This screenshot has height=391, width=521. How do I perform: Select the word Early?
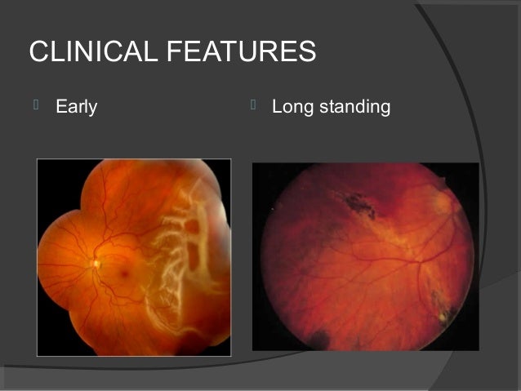coord(76,106)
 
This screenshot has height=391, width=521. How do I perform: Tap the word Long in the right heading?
coord(292,107)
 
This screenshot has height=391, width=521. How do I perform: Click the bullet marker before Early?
coord(36,105)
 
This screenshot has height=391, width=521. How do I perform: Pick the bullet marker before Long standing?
coord(254,105)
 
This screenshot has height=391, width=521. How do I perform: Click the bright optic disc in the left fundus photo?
coord(96,263)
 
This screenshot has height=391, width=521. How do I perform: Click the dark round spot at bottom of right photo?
coord(316,337)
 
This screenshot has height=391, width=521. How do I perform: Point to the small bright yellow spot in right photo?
coord(445,313)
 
